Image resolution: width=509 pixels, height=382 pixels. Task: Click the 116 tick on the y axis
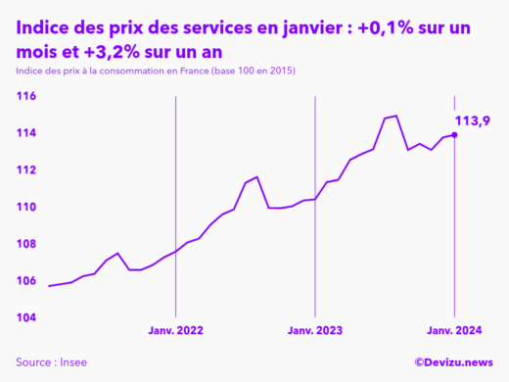pos(26,96)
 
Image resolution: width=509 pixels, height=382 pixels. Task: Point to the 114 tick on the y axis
pos(26,133)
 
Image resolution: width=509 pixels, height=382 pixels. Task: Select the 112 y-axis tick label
pos(26,169)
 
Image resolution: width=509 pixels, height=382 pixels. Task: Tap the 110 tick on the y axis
pos(26,207)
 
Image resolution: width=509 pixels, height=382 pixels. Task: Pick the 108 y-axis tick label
pos(26,244)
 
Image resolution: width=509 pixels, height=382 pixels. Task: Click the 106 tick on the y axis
pos(26,280)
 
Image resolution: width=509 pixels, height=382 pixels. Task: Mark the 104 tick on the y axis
pos(26,317)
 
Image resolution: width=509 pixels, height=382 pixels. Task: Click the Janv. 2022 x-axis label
pos(175,332)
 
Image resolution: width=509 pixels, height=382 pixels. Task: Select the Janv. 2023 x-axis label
pos(314,332)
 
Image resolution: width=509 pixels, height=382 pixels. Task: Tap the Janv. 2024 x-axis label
pos(453,332)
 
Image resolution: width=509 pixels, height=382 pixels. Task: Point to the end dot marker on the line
pos(454,135)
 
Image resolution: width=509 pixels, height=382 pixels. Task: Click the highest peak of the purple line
pos(395,116)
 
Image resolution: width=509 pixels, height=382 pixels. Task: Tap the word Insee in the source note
pos(73,362)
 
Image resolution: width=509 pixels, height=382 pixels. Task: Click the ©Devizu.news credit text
pos(453,362)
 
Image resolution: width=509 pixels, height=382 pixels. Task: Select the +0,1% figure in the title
pos(378,28)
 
